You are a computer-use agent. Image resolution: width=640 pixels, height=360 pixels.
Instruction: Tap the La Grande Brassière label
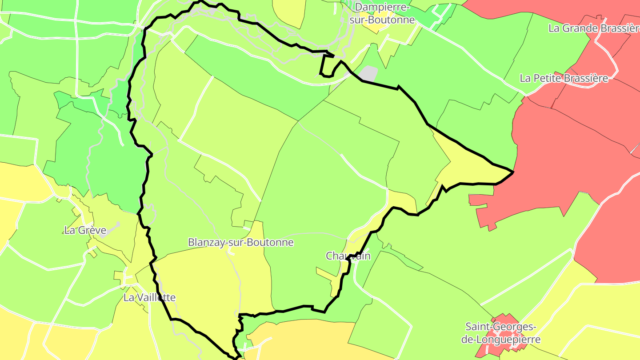(x=594, y=28)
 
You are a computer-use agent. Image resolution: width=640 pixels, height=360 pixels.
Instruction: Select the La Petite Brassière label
(x=564, y=78)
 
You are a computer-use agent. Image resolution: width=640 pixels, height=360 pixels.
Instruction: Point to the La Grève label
(x=85, y=230)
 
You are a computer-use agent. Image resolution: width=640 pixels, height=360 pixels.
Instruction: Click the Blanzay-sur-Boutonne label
(x=240, y=243)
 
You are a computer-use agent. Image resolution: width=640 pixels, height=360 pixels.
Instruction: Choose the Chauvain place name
(x=348, y=256)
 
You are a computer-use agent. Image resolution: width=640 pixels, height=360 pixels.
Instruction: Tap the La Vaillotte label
(x=149, y=298)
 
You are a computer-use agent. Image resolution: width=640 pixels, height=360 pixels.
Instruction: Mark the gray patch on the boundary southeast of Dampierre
(x=368, y=73)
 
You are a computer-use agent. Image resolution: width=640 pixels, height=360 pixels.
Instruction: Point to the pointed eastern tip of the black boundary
(x=513, y=172)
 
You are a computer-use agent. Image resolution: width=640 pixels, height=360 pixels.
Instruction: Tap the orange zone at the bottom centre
(x=307, y=340)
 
